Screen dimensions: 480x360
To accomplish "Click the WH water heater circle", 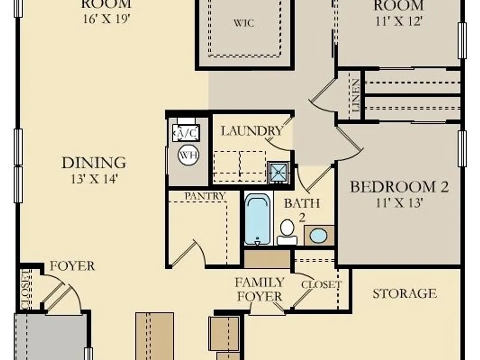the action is pos(188,155).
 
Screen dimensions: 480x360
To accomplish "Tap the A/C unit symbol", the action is pos(186,133).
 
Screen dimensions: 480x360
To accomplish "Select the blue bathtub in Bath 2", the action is pos(258,218).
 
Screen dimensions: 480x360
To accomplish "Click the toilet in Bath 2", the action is pos(287,232).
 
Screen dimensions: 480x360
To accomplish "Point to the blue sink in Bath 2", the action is pos(318,236).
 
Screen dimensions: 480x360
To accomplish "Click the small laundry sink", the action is pos(278,173).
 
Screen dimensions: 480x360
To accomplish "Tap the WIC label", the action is pos(244,23).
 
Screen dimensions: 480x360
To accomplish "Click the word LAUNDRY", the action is pos(252,131).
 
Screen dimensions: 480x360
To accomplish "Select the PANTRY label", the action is pos(205,196).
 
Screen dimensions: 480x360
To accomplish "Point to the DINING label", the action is pos(94,163).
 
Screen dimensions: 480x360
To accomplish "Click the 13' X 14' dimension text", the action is pos(94,179).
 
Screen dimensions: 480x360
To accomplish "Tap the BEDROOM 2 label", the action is pos(399,186).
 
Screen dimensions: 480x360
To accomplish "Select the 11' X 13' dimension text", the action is pos(399,203).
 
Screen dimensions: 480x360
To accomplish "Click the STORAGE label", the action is pos(404,294).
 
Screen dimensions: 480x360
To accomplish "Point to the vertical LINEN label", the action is pos(355,95).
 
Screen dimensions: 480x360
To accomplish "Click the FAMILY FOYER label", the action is pos(260,289).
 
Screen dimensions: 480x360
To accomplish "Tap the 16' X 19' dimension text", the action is pos(107,19).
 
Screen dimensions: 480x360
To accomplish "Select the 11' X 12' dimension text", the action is pos(399,21).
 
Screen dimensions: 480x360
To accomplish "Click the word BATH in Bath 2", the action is pos(302,203).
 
